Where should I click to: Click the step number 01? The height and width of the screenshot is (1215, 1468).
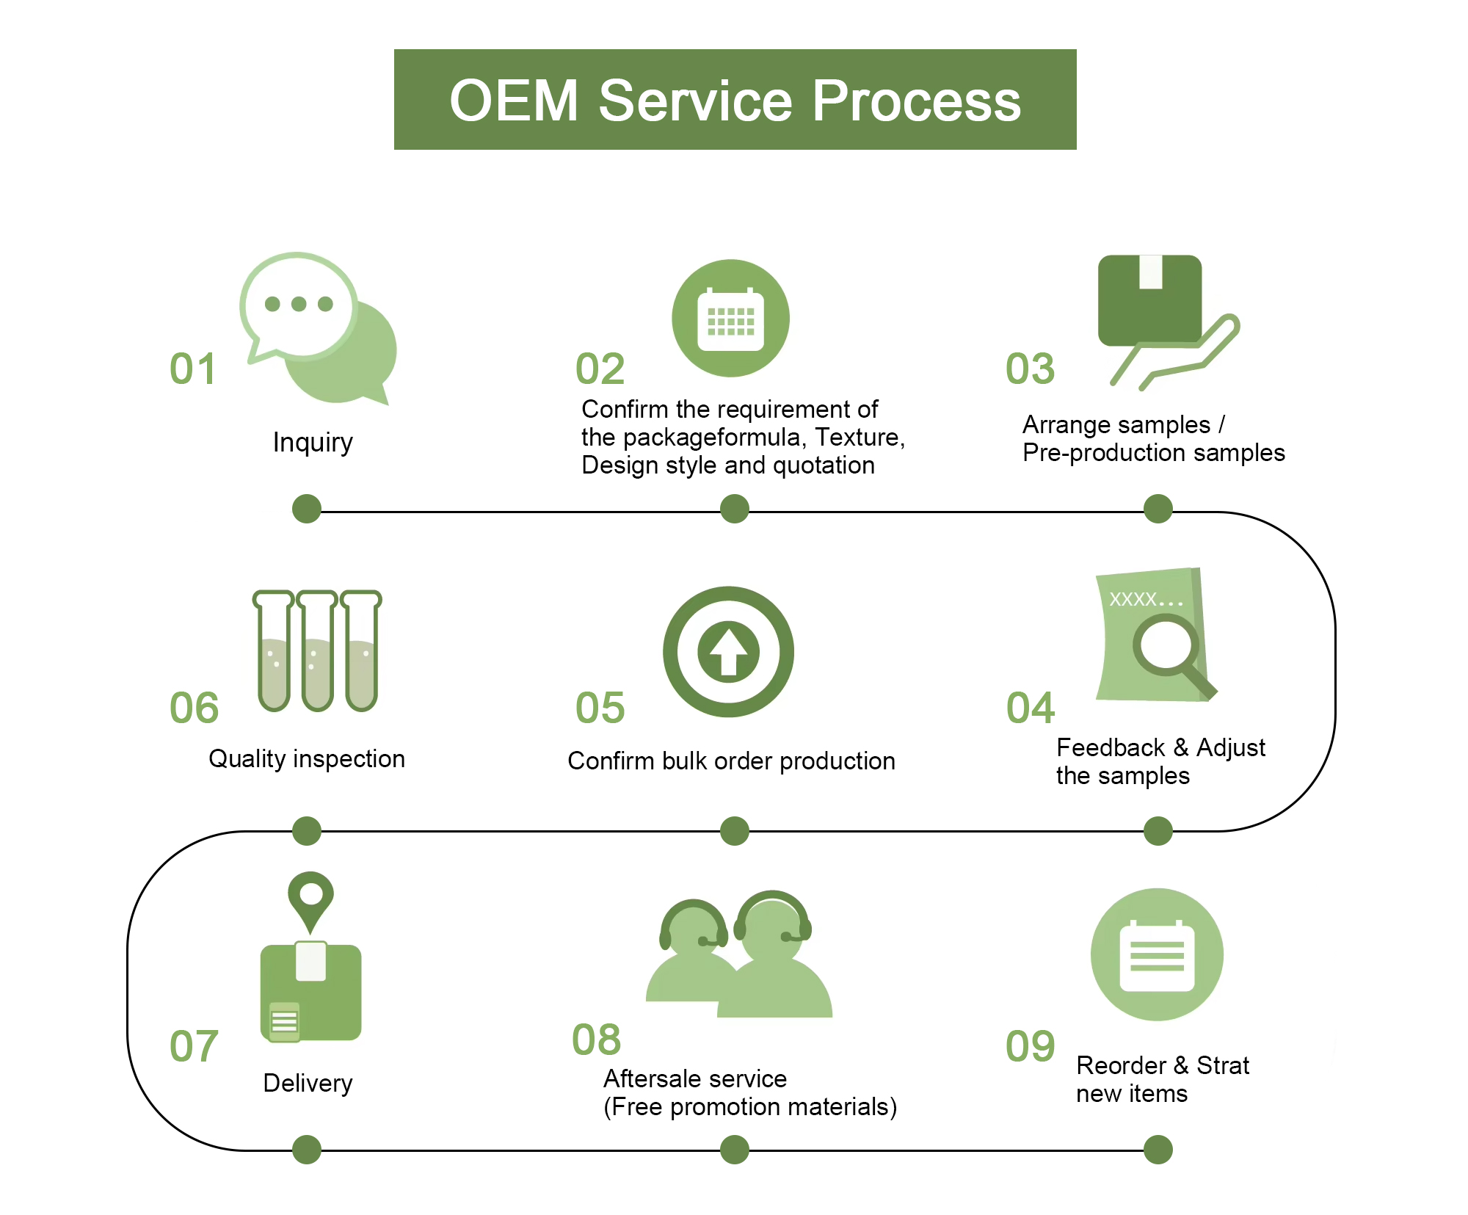point(192,369)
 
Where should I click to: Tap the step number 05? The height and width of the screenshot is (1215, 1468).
point(600,708)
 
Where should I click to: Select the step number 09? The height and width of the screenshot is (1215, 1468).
point(1030,1046)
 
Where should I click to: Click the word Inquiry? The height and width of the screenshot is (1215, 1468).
point(313,443)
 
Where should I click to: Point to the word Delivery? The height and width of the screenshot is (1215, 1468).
point(308,1084)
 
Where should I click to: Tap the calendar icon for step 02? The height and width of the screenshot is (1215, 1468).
point(730,318)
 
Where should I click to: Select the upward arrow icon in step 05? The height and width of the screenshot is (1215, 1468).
point(728,652)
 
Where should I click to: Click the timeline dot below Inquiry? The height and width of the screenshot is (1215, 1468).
point(307,509)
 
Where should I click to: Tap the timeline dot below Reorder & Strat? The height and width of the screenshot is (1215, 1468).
point(1158,1150)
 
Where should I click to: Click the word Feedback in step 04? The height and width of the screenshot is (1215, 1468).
point(1111,747)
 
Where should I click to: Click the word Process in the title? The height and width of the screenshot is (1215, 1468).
point(917,101)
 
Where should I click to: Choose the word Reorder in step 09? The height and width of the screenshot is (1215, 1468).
point(1121,1065)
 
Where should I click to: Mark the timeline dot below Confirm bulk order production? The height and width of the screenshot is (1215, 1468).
point(735,831)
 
